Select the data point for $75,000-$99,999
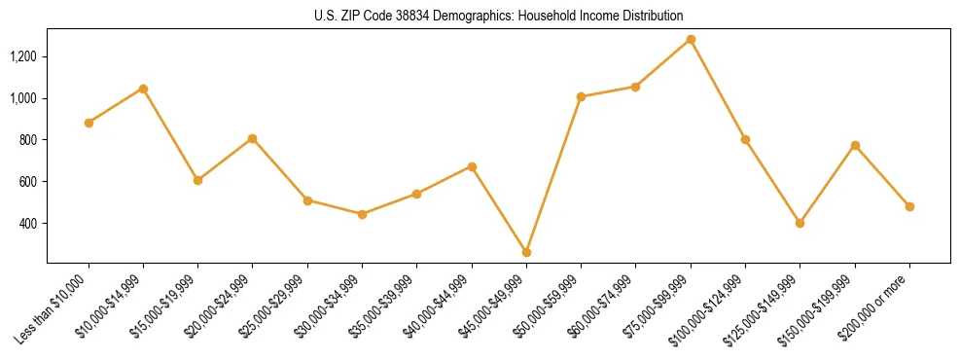coord(691,39)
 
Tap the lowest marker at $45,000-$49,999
coord(526,252)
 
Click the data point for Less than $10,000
coord(89,123)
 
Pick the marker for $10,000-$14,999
coord(143,89)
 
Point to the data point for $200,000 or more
coord(909,206)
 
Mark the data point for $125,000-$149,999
coord(800,223)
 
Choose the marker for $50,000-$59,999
coord(581,96)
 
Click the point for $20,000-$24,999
coord(253,138)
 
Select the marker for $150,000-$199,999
coord(855,145)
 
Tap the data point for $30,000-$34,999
coord(362,214)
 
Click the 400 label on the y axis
coord(29,224)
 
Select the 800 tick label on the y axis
coord(29,140)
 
